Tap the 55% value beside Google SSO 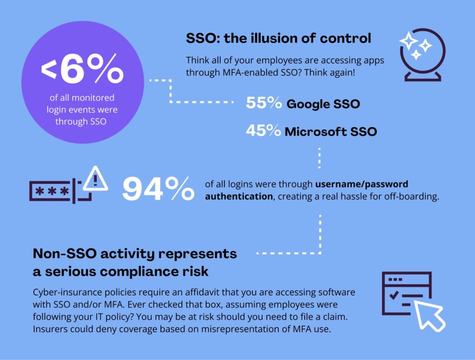coord(263,103)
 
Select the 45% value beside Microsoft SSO coord(263,131)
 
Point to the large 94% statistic coord(158,189)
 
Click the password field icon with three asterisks coord(51,191)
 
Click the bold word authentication coord(239,196)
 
